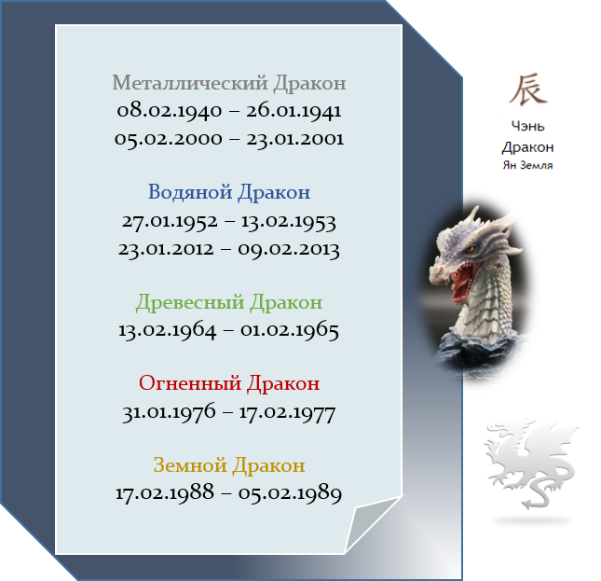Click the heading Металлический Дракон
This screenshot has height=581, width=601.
(229, 83)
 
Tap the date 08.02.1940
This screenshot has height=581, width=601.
(170, 111)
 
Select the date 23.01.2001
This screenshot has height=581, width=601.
(294, 138)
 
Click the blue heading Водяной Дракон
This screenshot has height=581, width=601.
(229, 192)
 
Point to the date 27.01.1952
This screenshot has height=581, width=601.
(170, 221)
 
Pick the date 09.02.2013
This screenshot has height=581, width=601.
(289, 249)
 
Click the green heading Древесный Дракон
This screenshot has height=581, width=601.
(229, 302)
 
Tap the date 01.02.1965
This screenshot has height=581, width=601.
(290, 330)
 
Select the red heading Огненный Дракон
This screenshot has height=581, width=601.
(229, 383)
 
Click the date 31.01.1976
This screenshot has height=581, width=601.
(169, 412)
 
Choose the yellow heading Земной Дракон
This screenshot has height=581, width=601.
(229, 465)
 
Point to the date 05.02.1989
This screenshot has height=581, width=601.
(290, 493)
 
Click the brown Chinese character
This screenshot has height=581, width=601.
(527, 90)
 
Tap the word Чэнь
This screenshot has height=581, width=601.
(527, 126)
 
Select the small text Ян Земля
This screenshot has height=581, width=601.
(527, 165)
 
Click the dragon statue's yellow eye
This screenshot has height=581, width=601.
(471, 250)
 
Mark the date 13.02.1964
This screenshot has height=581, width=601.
(168, 330)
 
